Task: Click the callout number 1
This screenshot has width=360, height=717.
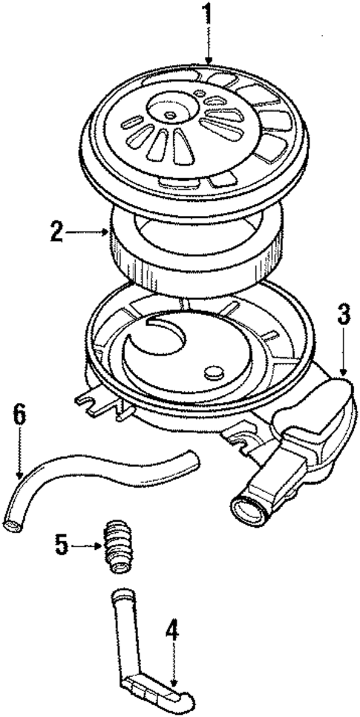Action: pos(209,13)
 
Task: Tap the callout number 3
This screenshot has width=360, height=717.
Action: pos(342,314)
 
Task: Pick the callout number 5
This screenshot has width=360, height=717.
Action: pos(62,546)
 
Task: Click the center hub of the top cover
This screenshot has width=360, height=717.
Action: pos(171,115)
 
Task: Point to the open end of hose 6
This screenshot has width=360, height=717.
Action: pos(12,526)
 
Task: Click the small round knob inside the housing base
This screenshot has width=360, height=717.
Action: pos(214,371)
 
